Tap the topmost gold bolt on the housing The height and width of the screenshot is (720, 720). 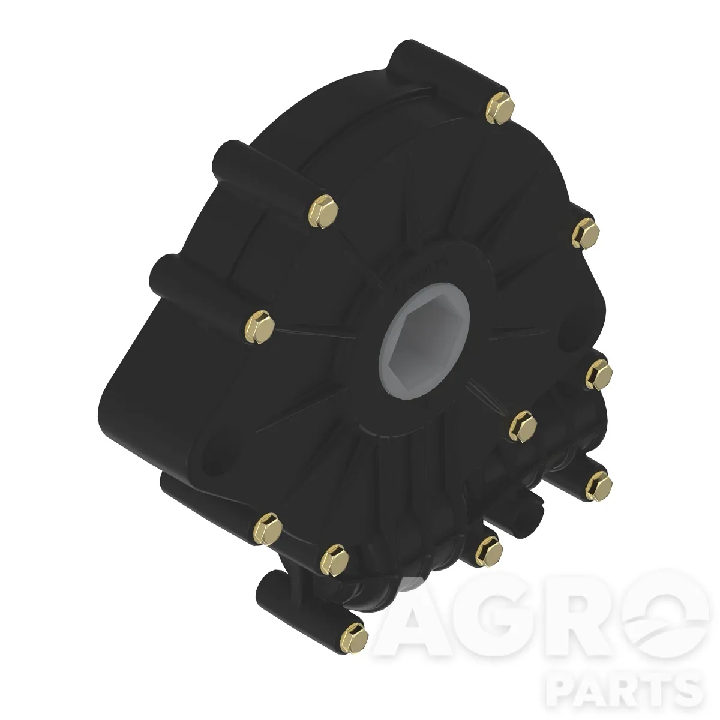coord(500,108)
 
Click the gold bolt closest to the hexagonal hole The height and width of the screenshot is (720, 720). coord(523,427)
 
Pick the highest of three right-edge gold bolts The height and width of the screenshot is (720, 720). coord(586,233)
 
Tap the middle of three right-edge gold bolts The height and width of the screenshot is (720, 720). coord(599,374)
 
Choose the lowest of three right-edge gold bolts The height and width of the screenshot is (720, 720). coord(599,486)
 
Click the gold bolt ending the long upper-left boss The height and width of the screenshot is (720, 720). coord(323,211)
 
